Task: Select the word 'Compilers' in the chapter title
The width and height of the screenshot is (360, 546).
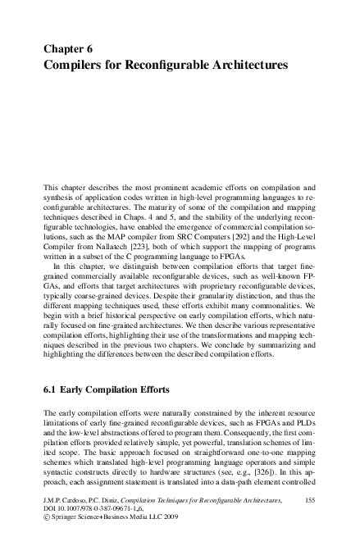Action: tap(76, 64)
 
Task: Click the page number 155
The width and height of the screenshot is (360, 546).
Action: tap(310, 498)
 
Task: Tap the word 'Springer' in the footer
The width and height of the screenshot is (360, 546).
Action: tap(68, 518)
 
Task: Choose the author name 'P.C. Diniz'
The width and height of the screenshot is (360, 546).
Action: tap(113, 498)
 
